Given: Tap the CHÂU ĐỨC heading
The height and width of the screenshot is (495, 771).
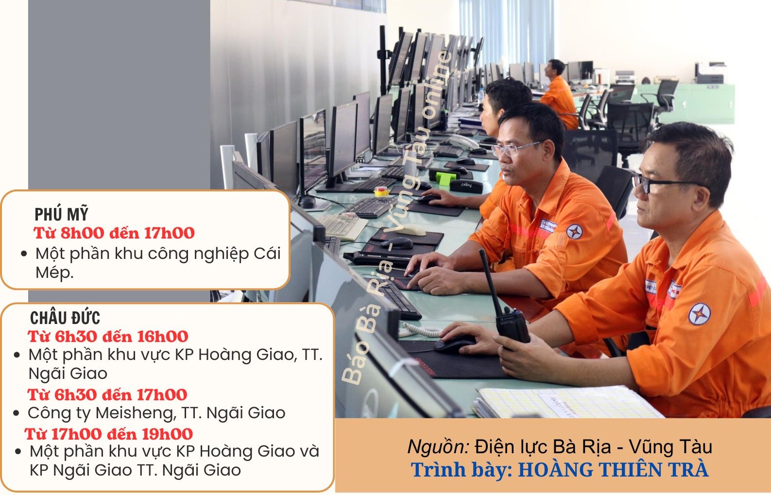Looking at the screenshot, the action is [65, 317].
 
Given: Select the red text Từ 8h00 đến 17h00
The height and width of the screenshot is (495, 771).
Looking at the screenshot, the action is [114, 233].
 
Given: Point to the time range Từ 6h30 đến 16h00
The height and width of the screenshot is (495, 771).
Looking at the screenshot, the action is [108, 336].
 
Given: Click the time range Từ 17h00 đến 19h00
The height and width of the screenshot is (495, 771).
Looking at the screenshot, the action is [109, 434].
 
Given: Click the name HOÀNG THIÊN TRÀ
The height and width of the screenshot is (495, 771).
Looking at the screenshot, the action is [614, 470].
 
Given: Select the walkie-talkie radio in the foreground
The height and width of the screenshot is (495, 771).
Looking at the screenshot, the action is [505, 303].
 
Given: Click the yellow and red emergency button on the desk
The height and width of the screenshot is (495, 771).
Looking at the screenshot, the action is [381, 191].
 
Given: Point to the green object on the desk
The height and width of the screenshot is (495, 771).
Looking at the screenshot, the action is [445, 178].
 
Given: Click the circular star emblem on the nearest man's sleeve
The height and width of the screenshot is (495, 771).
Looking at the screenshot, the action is [700, 314].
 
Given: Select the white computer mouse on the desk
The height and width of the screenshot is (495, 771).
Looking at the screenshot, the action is [411, 230].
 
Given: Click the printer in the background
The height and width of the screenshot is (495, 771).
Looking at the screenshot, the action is [710, 73].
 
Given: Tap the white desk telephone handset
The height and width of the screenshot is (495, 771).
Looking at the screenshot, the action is [463, 141].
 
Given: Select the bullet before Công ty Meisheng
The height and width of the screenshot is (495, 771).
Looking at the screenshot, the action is [16, 413].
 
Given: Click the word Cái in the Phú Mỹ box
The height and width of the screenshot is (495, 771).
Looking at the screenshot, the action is [267, 254].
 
